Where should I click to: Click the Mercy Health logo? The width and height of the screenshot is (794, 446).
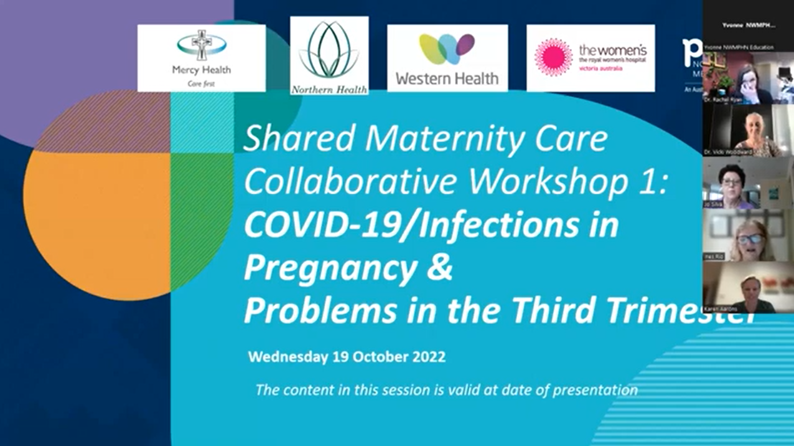pyautogui.click(x=201, y=58)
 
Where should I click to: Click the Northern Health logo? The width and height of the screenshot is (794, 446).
pyautogui.click(x=329, y=55)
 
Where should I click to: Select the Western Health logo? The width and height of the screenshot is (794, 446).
pyautogui.click(x=447, y=58)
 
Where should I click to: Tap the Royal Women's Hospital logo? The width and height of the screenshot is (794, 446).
pyautogui.click(x=590, y=58)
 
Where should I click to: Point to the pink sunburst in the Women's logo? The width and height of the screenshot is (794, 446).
pyautogui.click(x=553, y=57)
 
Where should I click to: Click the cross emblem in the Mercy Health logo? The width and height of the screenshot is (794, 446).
pyautogui.click(x=202, y=45)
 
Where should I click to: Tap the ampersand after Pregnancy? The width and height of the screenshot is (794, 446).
pyautogui.click(x=441, y=268)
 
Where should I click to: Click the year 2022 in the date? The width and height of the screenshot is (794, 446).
pyautogui.click(x=427, y=357)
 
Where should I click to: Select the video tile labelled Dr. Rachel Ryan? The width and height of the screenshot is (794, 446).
pyautogui.click(x=748, y=78)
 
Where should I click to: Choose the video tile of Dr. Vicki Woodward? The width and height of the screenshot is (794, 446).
pyautogui.click(x=748, y=131)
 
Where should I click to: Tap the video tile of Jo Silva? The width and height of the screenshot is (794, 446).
pyautogui.click(x=748, y=184)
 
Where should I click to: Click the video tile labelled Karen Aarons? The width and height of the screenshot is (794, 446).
pyautogui.click(x=748, y=288)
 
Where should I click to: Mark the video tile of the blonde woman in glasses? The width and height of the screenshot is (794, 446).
pyautogui.click(x=748, y=237)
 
